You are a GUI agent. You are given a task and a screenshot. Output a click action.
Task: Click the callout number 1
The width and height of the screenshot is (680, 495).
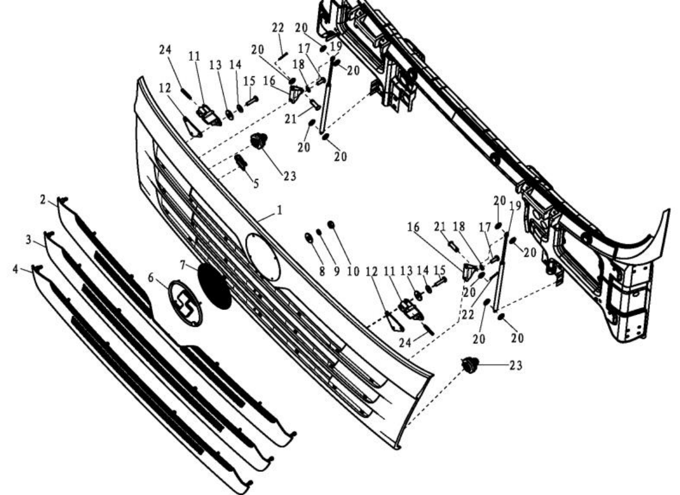click(280, 212)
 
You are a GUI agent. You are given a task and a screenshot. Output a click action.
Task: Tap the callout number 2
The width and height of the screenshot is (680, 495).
click(43, 200)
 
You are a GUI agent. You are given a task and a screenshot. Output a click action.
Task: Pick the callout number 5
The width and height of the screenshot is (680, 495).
click(256, 184)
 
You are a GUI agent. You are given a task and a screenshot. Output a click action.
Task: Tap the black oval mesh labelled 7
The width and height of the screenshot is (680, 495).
click(214, 286)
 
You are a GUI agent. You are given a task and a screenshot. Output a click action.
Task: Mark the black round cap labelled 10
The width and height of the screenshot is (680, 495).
click(331, 224)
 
